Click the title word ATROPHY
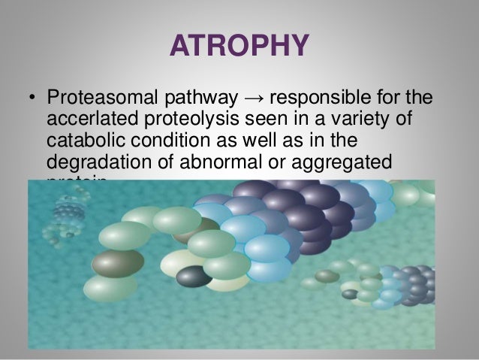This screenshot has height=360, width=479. pyautogui.click(x=239, y=46)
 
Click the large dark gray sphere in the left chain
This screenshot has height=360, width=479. pyautogui.click(x=117, y=263)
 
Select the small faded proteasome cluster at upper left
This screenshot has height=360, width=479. pyautogui.click(x=67, y=218)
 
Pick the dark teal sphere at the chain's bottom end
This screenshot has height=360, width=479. pyautogui.click(x=194, y=277)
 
